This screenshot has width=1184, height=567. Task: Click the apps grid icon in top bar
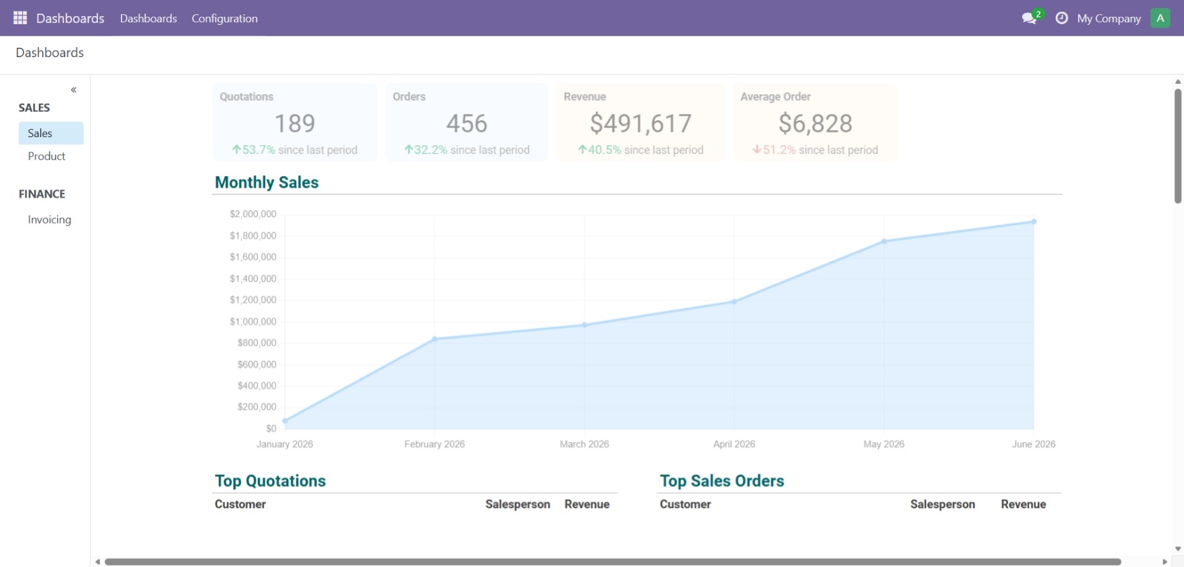pyautogui.click(x=20, y=18)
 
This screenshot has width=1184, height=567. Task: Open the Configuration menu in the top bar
pyautogui.click(x=224, y=18)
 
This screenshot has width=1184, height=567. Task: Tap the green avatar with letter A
pyautogui.click(x=1160, y=18)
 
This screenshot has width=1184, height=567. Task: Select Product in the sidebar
pyautogui.click(x=46, y=156)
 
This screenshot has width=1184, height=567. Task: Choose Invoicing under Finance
pyautogui.click(x=49, y=220)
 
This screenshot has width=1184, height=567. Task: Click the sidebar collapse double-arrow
pyautogui.click(x=74, y=89)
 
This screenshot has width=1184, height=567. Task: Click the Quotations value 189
pyautogui.click(x=295, y=124)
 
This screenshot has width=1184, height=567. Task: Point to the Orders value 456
pyautogui.click(x=467, y=124)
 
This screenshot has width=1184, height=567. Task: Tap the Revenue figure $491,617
pyautogui.click(x=641, y=124)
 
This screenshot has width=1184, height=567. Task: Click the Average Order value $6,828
pyautogui.click(x=815, y=124)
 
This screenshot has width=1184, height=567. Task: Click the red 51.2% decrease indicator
pyautogui.click(x=774, y=150)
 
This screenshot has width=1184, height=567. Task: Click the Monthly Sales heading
pyautogui.click(x=267, y=182)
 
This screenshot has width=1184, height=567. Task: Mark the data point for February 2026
pyautogui.click(x=435, y=339)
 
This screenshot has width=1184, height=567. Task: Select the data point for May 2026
pyautogui.click(x=884, y=241)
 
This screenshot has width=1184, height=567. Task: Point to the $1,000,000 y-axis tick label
pyautogui.click(x=253, y=322)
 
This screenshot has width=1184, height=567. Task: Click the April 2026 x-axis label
pyautogui.click(x=734, y=444)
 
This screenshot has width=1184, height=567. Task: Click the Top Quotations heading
pyautogui.click(x=270, y=481)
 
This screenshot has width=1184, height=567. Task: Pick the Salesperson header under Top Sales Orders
pyautogui.click(x=942, y=505)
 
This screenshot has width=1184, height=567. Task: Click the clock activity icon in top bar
pyautogui.click(x=1062, y=18)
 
